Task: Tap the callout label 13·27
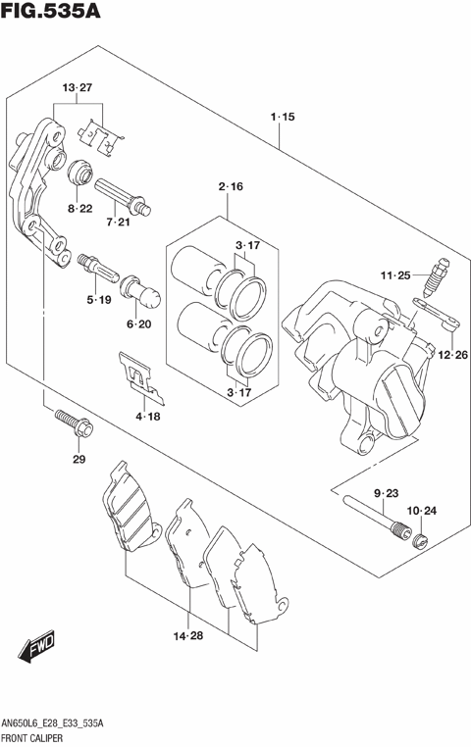(78, 89)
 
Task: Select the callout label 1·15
(282, 118)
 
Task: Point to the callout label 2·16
(230, 186)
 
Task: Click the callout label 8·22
(80, 209)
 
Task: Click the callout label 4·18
(146, 417)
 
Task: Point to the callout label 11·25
(396, 276)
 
